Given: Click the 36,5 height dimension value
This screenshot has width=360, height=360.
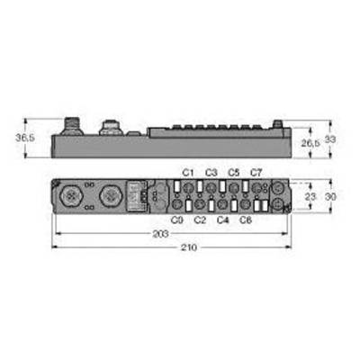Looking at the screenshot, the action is pos(25,138).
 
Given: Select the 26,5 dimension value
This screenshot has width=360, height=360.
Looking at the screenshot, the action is pos(310,143).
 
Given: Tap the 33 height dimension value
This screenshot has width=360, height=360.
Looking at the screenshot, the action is pos(330,139).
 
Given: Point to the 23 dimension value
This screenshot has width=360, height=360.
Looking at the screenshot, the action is pos(310,197).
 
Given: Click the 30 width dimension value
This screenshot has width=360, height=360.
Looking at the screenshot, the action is pos(330,197).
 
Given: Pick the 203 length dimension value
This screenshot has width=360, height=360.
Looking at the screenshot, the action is pos(160,234).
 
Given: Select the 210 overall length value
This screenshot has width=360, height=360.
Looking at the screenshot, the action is pos(189,247).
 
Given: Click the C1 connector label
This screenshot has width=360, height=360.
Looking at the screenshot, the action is pos(188,173).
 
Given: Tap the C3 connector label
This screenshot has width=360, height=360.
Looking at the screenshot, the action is pos(211,173).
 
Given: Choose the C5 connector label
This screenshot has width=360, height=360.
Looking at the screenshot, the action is pos(234,173).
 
